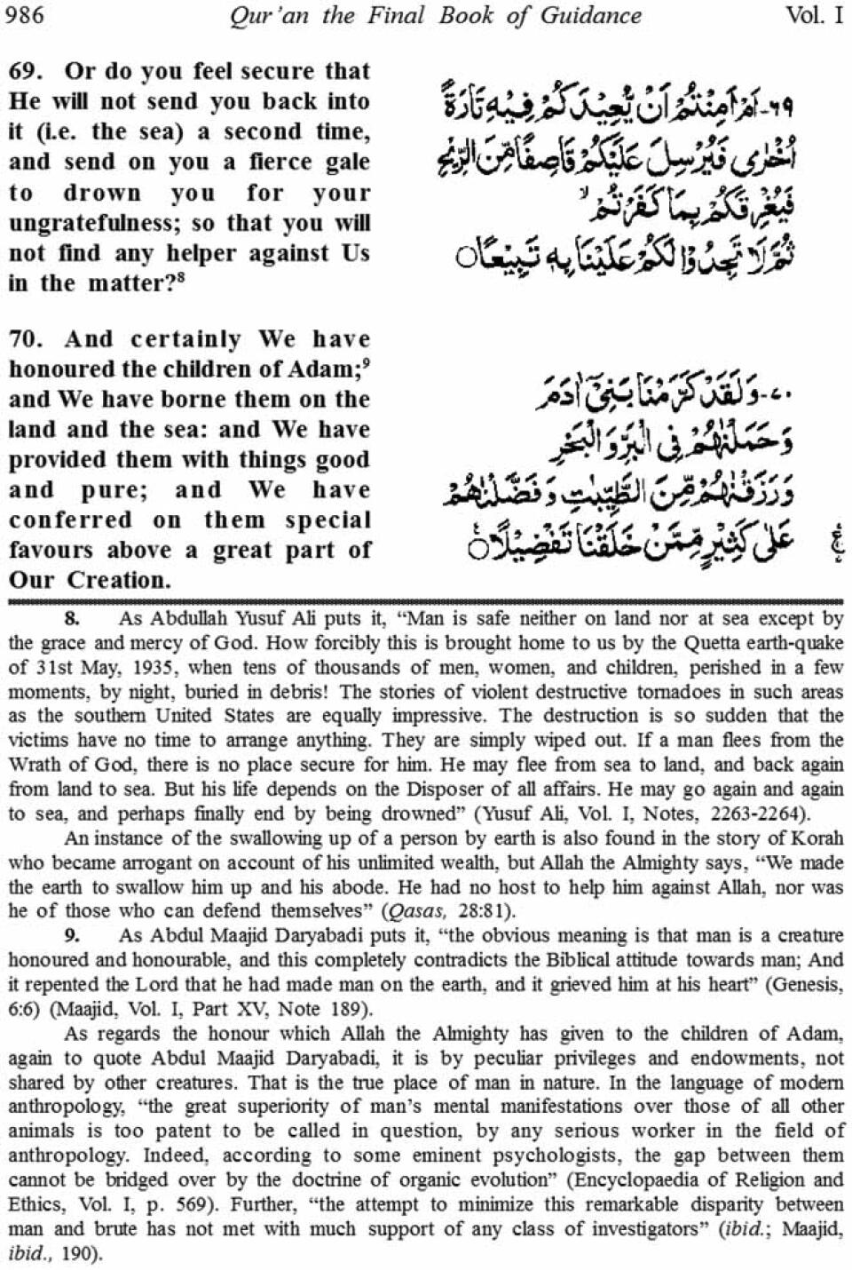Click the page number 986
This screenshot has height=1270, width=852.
24,16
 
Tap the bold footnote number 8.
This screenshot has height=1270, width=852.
72,619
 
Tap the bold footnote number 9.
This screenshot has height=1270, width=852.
72,935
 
